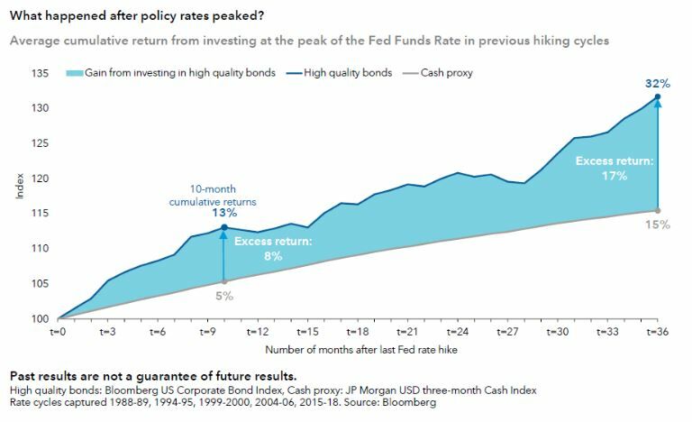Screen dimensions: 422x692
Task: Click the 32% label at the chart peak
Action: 658,83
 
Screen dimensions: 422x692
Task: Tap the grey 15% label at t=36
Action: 658,224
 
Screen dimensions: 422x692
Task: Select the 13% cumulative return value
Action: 225,213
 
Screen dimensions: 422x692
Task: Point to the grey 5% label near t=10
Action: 224,295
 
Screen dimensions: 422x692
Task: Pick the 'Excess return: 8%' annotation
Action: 273,249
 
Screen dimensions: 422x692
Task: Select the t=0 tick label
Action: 59,332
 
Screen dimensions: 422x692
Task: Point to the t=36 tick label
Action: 658,332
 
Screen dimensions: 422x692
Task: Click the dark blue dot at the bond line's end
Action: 659,97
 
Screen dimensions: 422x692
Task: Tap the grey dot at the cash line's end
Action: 659,211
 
